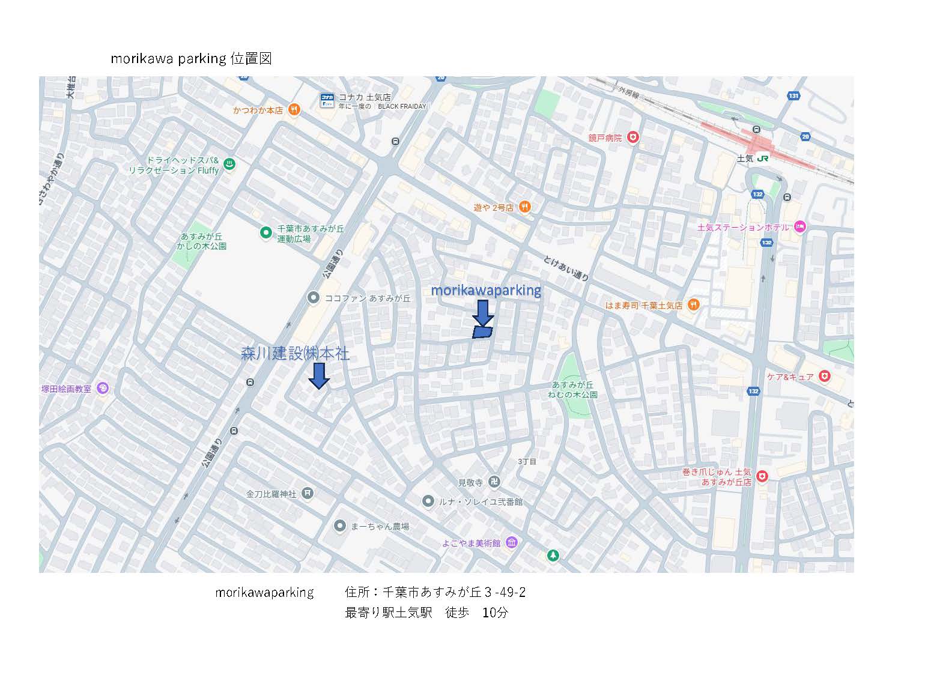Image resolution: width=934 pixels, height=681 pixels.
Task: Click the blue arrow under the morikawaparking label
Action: [483, 313]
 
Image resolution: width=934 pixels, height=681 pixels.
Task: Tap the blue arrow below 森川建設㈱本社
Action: [319, 375]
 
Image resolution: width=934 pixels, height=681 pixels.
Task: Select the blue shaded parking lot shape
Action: [482, 332]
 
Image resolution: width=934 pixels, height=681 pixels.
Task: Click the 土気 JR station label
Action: [753, 159]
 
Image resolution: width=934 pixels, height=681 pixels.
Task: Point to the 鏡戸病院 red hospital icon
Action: [632, 138]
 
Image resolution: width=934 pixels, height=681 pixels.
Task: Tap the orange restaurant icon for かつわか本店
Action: [294, 110]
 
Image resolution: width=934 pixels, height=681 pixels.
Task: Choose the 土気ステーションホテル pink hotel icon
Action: [799, 227]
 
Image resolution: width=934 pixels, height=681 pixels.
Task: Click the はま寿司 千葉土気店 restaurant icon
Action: [693, 304]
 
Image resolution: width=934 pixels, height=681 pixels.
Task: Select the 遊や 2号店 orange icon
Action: [524, 207]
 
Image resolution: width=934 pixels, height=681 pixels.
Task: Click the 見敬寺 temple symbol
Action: [494, 482]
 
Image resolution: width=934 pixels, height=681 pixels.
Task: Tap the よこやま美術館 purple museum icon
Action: [511, 543]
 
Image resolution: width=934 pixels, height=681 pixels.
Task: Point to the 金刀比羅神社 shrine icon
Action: [308, 494]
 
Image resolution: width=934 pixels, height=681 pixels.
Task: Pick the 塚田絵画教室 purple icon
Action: [102, 389]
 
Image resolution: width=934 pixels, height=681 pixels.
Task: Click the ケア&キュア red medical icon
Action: [825, 376]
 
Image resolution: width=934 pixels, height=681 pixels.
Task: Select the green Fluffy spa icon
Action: [229, 164]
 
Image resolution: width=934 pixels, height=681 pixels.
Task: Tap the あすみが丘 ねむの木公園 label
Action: [572, 390]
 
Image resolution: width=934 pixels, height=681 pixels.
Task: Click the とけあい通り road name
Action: [566, 267]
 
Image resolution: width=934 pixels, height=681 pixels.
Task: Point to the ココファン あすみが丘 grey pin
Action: [312, 297]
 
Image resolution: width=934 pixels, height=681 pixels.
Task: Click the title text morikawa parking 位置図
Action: [191, 58]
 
